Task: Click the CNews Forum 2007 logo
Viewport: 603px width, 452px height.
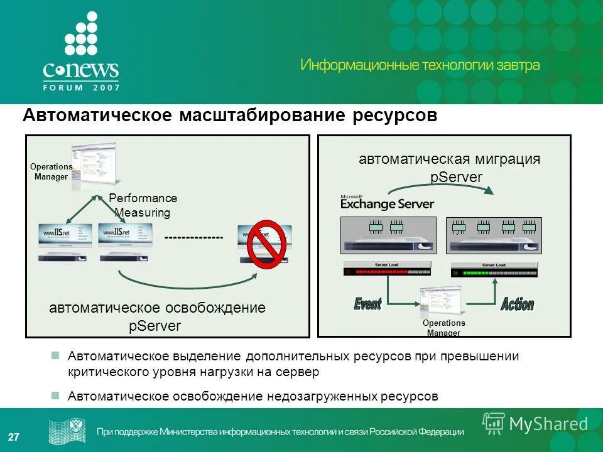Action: pyautogui.click(x=81, y=53)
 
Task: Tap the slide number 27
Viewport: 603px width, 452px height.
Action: pyautogui.click(x=13, y=437)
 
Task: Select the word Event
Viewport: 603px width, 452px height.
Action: pyautogui.click(x=367, y=304)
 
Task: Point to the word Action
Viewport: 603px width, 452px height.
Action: pyautogui.click(x=517, y=305)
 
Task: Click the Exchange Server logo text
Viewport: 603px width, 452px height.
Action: pyautogui.click(x=387, y=202)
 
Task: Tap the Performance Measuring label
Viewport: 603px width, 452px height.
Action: pyautogui.click(x=143, y=205)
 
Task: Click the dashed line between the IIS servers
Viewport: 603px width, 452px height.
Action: pyautogui.click(x=193, y=238)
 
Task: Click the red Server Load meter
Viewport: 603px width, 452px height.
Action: pyautogui.click(x=388, y=269)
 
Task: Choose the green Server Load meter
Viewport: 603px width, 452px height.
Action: pyautogui.click(x=494, y=269)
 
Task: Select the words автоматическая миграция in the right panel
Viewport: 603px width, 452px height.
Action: pyautogui.click(x=449, y=159)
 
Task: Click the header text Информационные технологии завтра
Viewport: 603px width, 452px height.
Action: pyautogui.click(x=420, y=65)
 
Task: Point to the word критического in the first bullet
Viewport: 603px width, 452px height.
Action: pyautogui.click(x=109, y=372)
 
